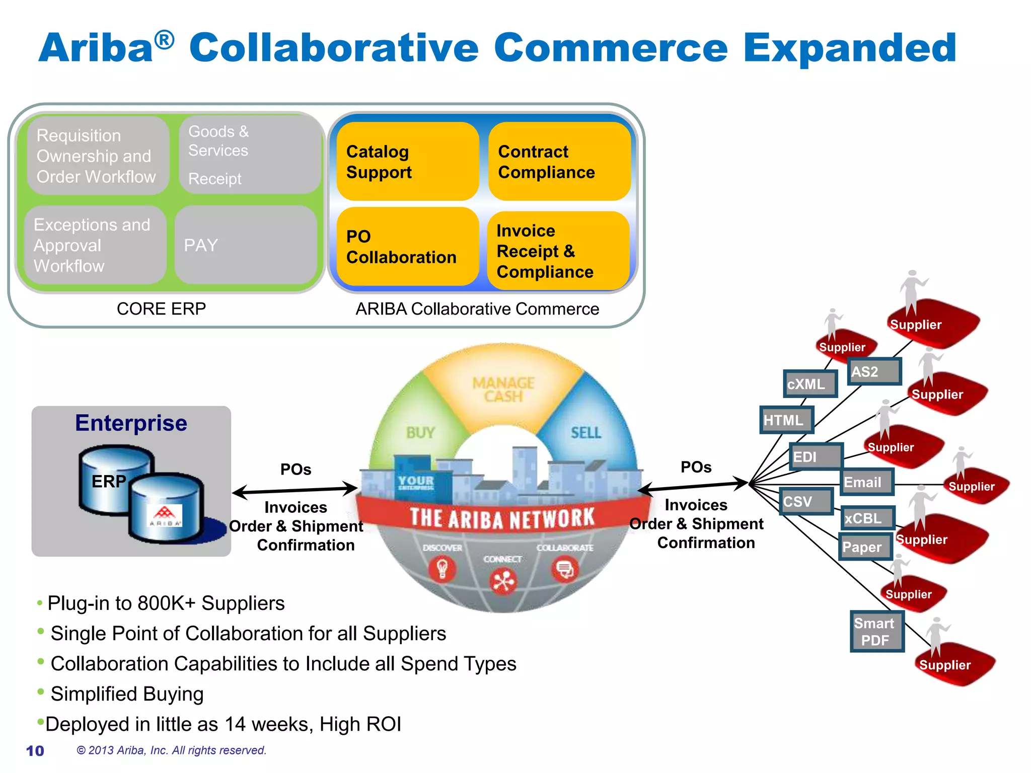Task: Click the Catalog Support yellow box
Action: click(407, 162)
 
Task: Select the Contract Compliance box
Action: click(559, 162)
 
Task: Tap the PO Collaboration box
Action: click(407, 247)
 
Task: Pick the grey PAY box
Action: click(246, 245)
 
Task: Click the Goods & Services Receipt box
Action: click(250, 155)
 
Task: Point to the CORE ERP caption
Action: click(161, 308)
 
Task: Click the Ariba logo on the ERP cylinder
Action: click(165, 516)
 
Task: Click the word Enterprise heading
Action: click(131, 423)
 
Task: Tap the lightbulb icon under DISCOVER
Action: click(442, 569)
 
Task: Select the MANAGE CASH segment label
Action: click(503, 390)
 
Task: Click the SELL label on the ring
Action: click(585, 432)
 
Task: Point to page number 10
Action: click(35, 751)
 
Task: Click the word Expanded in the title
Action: click(850, 48)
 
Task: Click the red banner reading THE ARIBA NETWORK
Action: click(502, 518)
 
